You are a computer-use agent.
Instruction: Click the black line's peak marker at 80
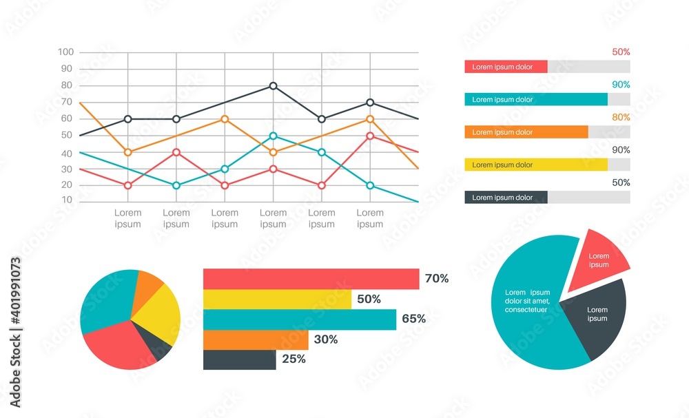pyautogui.click(x=274, y=86)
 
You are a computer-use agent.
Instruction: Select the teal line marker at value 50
pyautogui.click(x=274, y=136)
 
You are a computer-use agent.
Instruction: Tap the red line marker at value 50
pyautogui.click(x=370, y=136)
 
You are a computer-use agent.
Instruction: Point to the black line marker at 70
pyautogui.click(x=370, y=103)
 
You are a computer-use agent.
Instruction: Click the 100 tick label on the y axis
pyautogui.click(x=66, y=52)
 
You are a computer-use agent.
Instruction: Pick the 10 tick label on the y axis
pyautogui.click(x=68, y=200)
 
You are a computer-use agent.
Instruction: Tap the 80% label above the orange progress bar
pyautogui.click(x=621, y=117)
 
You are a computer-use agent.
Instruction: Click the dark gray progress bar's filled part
pyautogui.click(x=506, y=198)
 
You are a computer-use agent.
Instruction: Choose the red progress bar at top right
pyautogui.click(x=506, y=67)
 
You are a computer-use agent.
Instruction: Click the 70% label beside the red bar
pyautogui.click(x=437, y=279)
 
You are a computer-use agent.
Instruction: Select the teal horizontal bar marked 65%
pyautogui.click(x=300, y=320)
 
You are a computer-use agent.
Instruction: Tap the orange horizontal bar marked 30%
pyautogui.click(x=256, y=339)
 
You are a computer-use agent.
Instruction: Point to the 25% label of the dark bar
pyautogui.click(x=294, y=359)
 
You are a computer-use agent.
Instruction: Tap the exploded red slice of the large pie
pyautogui.click(x=600, y=260)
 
